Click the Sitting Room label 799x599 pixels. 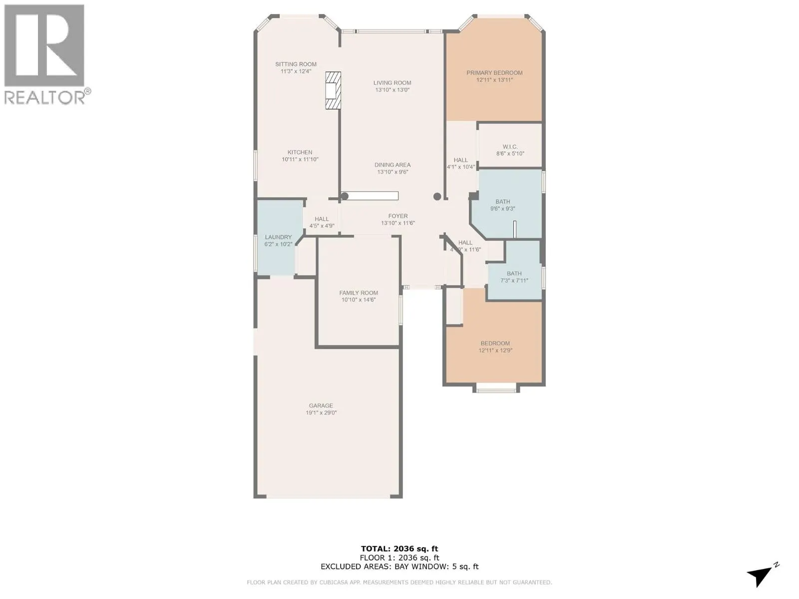click(x=296, y=64)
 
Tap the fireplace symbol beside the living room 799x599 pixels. click(x=333, y=90)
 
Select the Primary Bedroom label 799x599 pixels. click(x=494, y=73)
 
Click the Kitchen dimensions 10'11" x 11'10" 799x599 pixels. click(x=300, y=160)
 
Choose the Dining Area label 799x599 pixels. click(x=393, y=165)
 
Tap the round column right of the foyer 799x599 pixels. click(x=437, y=196)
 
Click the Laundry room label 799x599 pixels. click(x=278, y=237)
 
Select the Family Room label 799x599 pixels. click(x=359, y=293)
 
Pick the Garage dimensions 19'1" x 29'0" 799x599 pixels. click(x=321, y=413)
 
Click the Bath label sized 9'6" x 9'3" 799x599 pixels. click(x=502, y=202)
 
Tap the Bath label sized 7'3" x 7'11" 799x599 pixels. click(x=514, y=274)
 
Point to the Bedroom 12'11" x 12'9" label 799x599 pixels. click(x=495, y=343)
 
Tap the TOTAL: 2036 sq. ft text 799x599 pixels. click(x=399, y=549)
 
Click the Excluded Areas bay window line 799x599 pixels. click(x=399, y=567)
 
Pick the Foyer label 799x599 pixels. click(x=398, y=216)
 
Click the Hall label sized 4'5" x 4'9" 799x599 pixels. click(x=322, y=219)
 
